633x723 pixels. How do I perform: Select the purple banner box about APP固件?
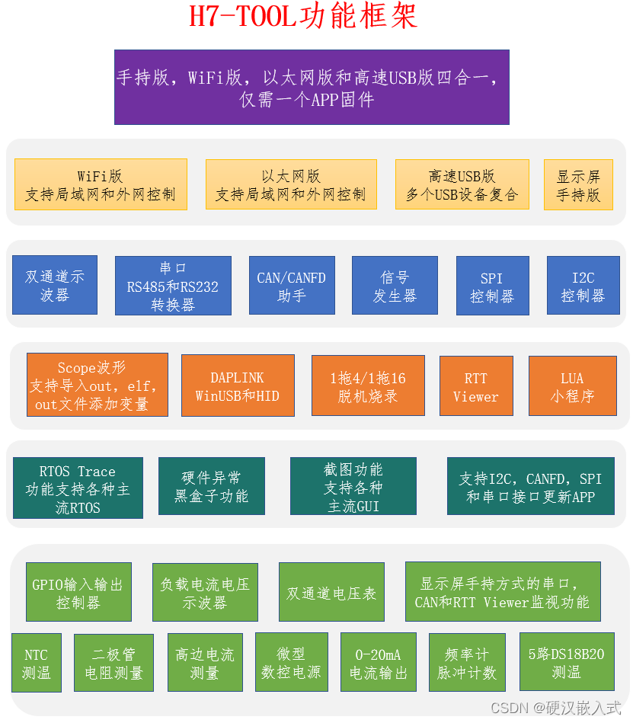(x=312, y=87)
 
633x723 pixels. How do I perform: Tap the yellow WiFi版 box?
(x=101, y=184)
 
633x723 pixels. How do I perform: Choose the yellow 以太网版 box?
(x=291, y=184)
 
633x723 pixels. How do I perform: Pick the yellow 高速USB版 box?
(x=462, y=184)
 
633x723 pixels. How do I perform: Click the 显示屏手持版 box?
(x=578, y=184)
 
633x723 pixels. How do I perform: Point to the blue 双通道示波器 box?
(x=55, y=285)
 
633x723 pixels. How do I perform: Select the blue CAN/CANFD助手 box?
(x=292, y=286)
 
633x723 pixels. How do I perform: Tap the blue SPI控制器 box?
(x=492, y=286)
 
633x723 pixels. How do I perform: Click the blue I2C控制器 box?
(x=583, y=286)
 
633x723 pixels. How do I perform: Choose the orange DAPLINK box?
(x=238, y=385)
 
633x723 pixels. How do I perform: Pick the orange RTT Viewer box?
(x=476, y=386)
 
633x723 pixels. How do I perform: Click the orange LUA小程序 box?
(x=573, y=386)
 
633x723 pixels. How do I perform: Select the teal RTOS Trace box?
(x=78, y=488)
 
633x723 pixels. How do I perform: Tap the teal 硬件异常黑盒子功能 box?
(x=211, y=488)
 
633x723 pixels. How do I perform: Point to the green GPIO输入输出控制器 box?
(x=78, y=592)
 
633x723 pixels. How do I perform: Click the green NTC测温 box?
(x=37, y=663)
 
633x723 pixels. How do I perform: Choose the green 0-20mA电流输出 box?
(x=379, y=663)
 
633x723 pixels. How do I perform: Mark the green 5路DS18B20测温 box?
(x=567, y=663)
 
